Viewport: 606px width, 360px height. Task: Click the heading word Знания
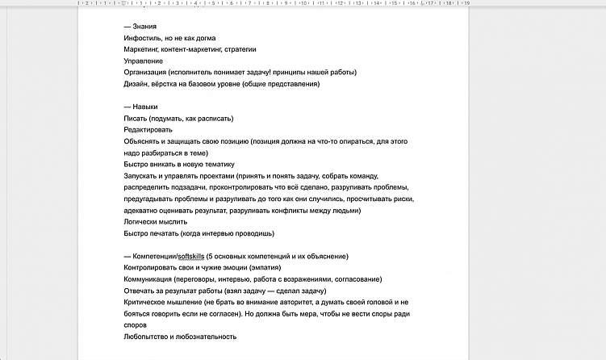[146, 27]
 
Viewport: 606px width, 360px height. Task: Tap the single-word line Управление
[144, 61]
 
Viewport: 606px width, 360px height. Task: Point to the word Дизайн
[136, 84]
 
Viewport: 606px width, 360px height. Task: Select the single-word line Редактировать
[148, 130]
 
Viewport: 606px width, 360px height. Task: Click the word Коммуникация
[149, 278]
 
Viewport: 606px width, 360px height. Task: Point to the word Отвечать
[140, 291]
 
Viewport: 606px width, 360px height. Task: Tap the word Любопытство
[148, 337]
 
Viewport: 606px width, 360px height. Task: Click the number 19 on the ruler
[467, 3]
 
